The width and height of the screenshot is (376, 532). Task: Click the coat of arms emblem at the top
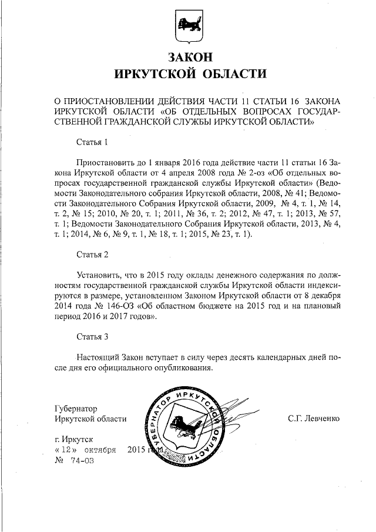pyautogui.click(x=187, y=27)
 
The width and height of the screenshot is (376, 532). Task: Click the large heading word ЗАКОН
pyautogui.click(x=187, y=58)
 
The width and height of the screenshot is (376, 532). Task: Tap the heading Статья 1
pyautogui.click(x=93, y=142)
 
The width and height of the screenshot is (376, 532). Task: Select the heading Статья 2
pyautogui.click(x=93, y=255)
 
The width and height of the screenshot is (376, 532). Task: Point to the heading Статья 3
pyautogui.click(x=93, y=337)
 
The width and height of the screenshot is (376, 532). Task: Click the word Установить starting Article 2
pyautogui.click(x=99, y=274)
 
